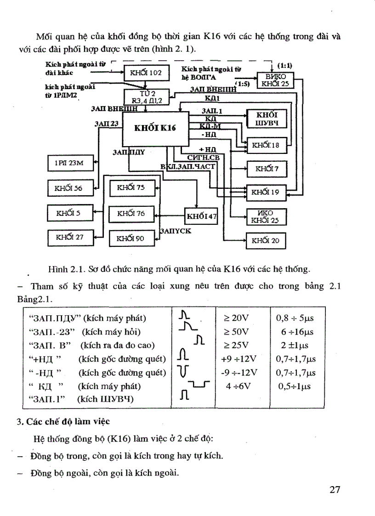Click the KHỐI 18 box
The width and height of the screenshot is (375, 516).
[267, 146]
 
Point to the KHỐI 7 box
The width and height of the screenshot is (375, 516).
[267, 169]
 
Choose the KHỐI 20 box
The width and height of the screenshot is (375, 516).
[267, 240]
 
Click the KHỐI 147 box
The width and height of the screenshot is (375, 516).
[201, 216]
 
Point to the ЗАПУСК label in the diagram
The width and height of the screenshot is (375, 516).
[175, 231]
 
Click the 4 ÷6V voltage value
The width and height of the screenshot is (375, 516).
[239, 386]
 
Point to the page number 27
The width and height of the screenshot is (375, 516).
[335, 489]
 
